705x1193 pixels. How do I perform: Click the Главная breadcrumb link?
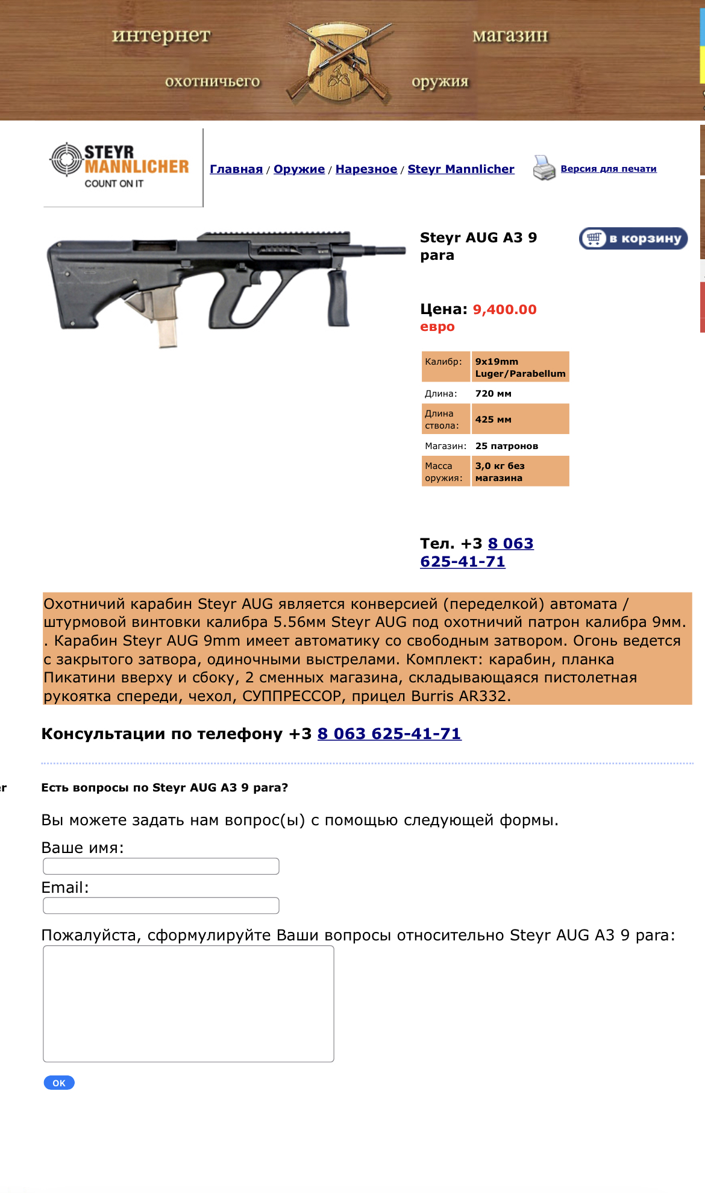(236, 169)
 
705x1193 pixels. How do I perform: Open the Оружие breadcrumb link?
(299, 169)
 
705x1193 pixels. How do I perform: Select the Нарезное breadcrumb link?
(366, 169)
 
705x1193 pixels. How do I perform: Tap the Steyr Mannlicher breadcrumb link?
(461, 169)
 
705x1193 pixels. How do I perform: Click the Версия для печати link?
(609, 169)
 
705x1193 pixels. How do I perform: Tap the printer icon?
(544, 168)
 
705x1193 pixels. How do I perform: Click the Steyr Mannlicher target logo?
(66, 160)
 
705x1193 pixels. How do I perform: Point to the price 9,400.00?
(504, 310)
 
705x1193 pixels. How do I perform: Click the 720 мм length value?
(493, 394)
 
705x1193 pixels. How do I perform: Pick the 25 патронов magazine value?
(506, 446)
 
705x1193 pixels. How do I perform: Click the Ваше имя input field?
(161, 866)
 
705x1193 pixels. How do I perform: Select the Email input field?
(161, 905)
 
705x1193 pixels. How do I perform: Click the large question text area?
(189, 1004)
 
